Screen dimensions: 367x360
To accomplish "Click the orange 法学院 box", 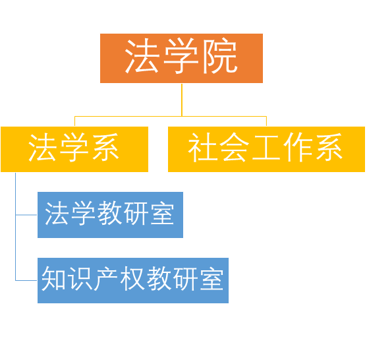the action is (181, 58).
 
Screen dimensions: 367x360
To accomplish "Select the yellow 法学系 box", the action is (74, 149).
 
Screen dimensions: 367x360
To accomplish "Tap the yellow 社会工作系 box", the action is (266, 149).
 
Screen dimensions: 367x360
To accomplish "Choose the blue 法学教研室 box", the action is (110, 215).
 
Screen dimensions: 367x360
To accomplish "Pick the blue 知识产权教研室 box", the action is (133, 280).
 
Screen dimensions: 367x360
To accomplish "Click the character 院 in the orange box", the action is (220, 56).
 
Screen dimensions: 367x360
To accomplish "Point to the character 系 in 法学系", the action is (105, 147).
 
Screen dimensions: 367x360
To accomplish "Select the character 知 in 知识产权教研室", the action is (53, 278).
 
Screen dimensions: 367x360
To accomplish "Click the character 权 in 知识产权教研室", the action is (133, 278).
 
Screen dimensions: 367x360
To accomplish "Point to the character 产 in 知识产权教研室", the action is (106, 278).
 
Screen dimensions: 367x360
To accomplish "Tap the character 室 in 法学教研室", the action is (162, 213).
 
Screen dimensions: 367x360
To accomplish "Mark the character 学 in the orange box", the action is (181, 56).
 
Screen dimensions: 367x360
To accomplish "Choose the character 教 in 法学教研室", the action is (109, 213).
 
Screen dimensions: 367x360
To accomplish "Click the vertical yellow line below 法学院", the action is (182, 100).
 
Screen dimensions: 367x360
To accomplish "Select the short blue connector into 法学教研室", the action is (26, 215).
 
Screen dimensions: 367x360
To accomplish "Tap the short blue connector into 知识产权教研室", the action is (26, 280).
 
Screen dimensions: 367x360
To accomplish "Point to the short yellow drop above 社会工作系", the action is (266, 121).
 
